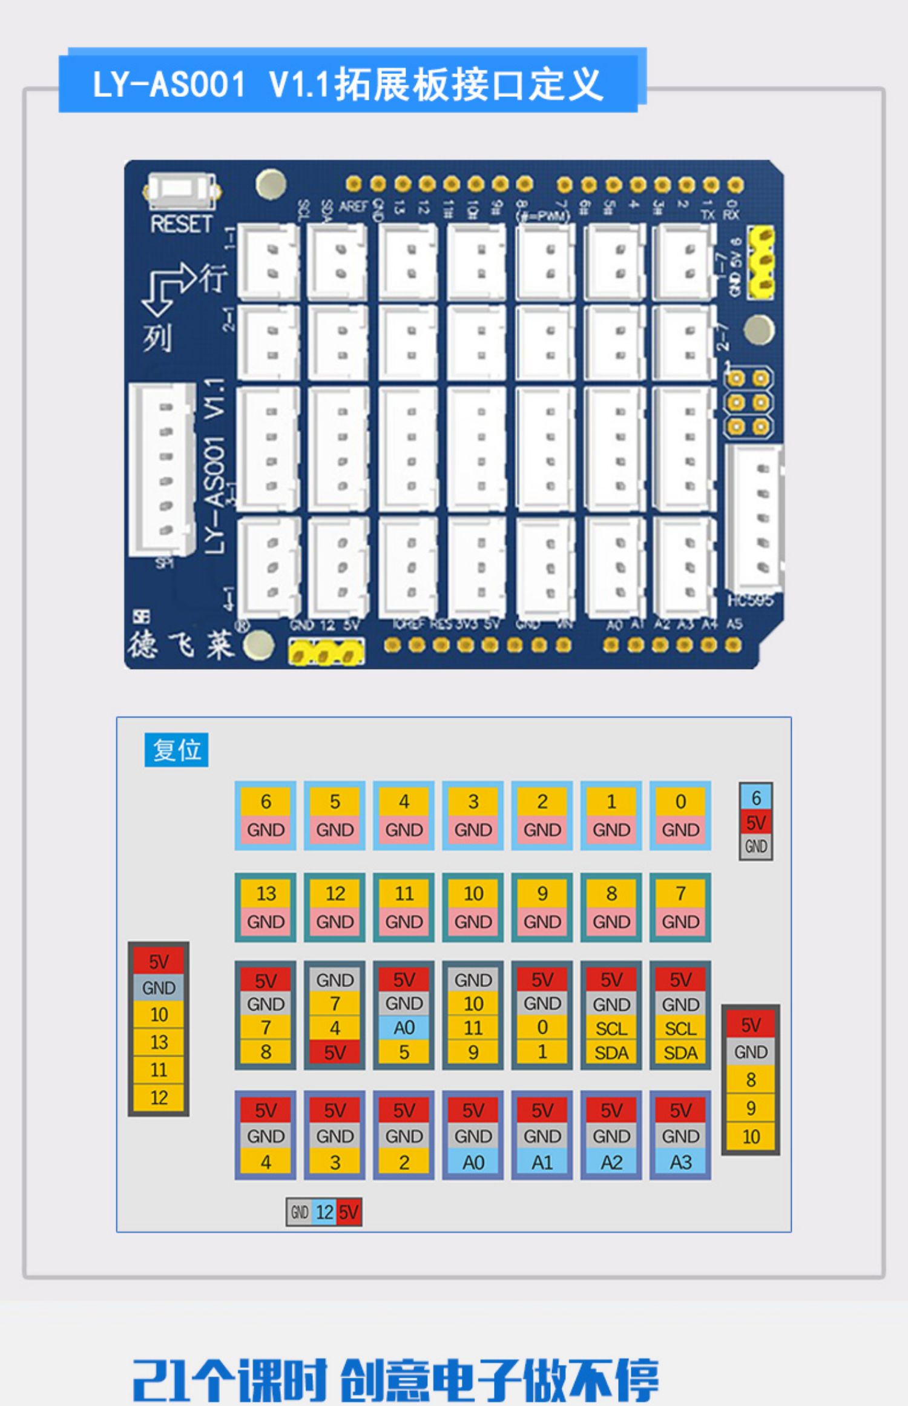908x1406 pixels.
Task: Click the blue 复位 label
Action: coord(176,750)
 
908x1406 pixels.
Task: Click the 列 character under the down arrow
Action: coord(157,338)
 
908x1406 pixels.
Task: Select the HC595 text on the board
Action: coord(750,600)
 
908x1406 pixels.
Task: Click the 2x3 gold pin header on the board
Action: coord(748,403)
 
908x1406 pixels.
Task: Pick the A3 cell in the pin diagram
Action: coord(680,1162)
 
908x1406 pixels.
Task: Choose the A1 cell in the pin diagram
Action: coord(542,1162)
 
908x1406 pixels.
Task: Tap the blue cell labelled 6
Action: coord(755,798)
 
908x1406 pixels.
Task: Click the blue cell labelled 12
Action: coord(325,1212)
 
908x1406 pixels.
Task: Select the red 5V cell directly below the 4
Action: coord(335,1052)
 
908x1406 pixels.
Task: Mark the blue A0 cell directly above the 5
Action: coord(404,1028)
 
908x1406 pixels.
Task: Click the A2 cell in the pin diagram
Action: coord(611,1162)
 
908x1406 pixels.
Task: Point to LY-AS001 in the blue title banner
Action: coord(169,84)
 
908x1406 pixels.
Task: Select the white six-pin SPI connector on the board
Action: coord(163,469)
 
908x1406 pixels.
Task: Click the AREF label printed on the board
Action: coord(354,206)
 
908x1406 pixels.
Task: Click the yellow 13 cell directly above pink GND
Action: coord(266,893)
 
